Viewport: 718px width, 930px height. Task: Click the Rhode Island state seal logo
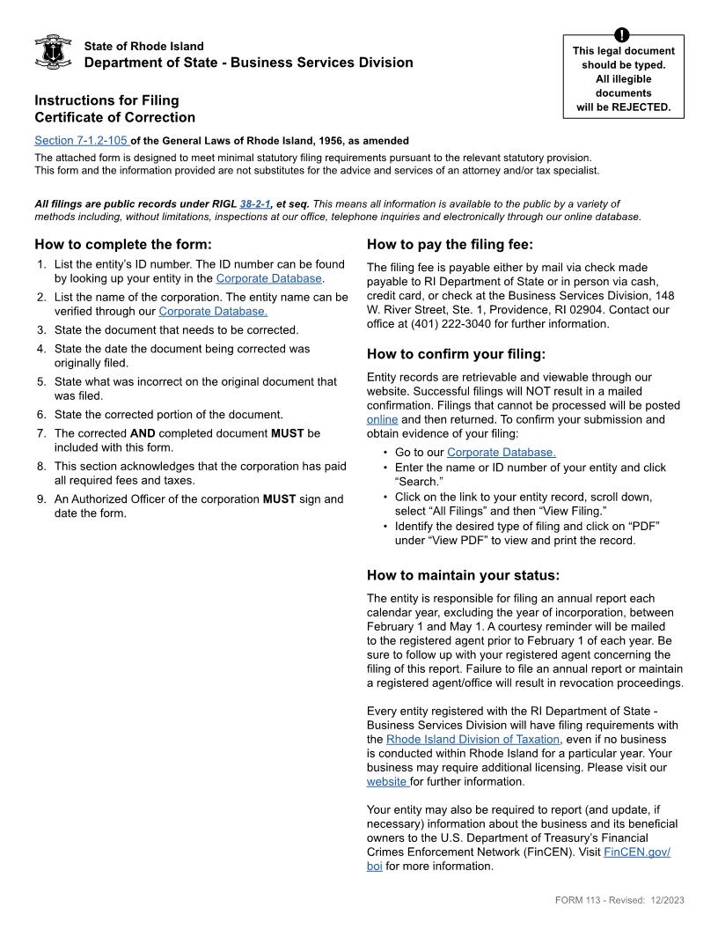tap(53, 53)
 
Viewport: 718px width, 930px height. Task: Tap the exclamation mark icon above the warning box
tap(624, 34)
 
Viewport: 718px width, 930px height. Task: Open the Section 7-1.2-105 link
tap(82, 141)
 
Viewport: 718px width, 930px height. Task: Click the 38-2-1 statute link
tap(254, 204)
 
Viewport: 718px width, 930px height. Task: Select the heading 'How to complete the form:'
tap(123, 245)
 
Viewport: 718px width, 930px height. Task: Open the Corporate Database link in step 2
tap(213, 311)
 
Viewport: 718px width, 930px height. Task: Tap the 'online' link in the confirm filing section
tap(382, 420)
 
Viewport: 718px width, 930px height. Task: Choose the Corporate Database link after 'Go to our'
tap(501, 453)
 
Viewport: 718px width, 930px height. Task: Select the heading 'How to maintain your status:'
tap(463, 576)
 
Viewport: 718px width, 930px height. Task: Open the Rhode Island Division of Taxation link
tap(473, 739)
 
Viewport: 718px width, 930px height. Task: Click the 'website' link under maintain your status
tap(387, 781)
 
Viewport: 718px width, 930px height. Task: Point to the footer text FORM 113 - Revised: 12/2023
tap(619, 899)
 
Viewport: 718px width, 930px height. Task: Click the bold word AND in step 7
tap(142, 433)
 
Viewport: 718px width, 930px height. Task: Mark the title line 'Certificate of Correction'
tap(115, 117)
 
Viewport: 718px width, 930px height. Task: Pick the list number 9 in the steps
tap(41, 499)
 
